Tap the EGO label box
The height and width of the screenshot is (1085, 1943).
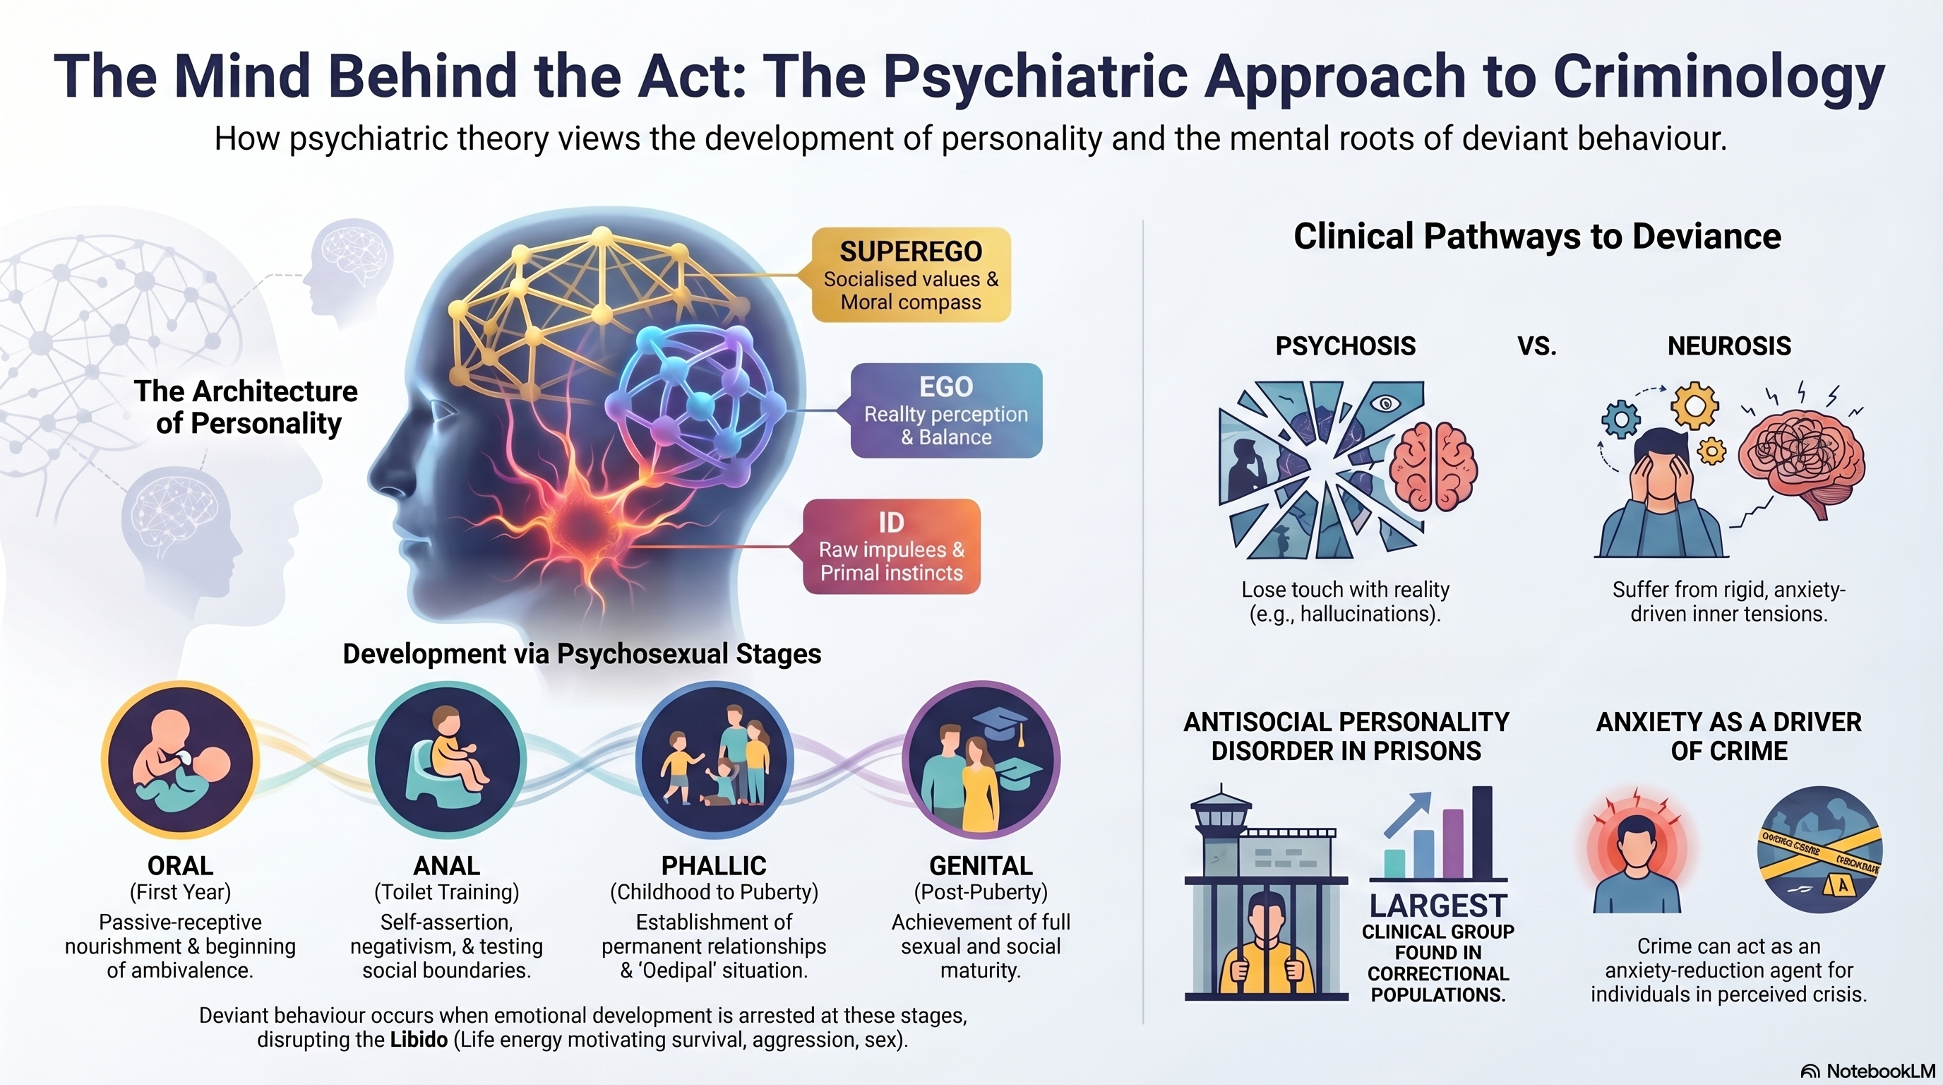946,410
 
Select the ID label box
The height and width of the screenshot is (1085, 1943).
891,546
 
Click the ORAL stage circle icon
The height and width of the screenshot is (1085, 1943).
180,760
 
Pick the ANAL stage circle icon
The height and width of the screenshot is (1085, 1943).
448,760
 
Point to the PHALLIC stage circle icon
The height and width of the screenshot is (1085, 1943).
715,760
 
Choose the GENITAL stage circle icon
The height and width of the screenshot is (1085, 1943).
981,760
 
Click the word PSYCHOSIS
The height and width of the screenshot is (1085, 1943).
1346,345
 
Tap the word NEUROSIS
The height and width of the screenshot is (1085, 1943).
1729,345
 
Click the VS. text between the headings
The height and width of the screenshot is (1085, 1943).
1536,346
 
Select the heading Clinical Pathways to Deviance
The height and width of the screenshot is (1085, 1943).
1537,236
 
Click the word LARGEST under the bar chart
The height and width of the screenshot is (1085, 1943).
1438,906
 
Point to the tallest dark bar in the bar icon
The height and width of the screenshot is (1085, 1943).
1482,833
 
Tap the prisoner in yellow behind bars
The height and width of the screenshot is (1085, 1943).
1267,946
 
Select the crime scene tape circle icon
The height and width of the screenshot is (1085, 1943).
1819,850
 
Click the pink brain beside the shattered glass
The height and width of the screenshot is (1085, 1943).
1433,466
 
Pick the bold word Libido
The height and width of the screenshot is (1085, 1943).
419,1040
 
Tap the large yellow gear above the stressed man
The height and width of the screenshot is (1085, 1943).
1694,406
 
